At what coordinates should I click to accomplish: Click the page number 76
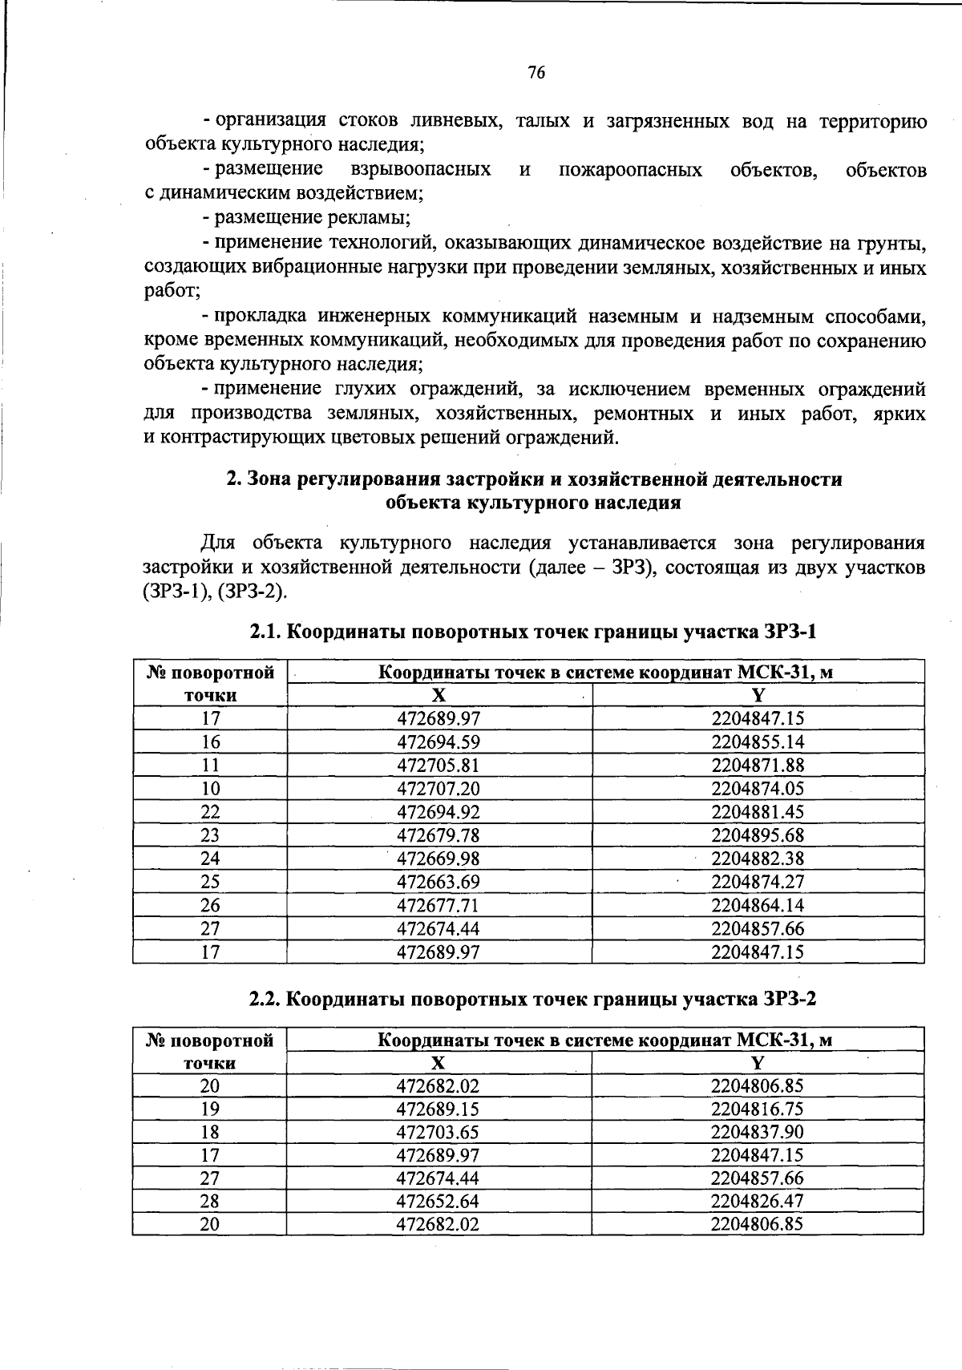536,73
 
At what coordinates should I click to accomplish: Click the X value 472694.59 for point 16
439,742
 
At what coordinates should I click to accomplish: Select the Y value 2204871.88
758,765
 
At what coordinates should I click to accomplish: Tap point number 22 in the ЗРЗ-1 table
210,811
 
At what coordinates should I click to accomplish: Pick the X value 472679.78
439,835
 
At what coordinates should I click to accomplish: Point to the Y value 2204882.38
758,858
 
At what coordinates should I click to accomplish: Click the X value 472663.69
439,882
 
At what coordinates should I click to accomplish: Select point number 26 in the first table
210,905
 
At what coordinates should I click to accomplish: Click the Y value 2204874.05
758,788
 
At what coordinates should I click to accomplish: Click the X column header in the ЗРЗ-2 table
438,1063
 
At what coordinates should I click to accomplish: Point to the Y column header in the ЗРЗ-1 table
758,695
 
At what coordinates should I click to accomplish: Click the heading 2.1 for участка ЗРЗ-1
532,632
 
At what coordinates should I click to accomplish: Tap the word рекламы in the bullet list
377,217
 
